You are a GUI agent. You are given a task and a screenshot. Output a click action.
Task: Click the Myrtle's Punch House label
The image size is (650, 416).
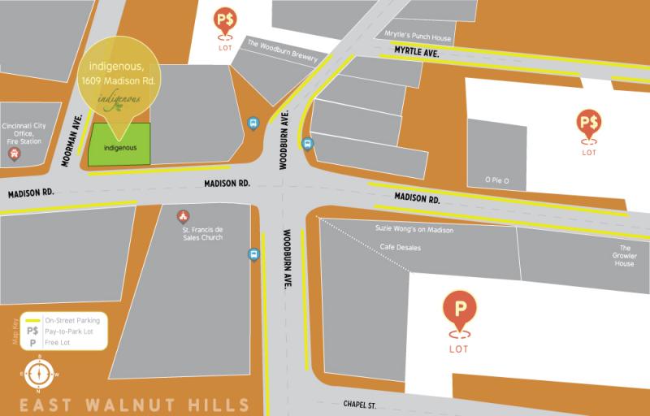(418, 37)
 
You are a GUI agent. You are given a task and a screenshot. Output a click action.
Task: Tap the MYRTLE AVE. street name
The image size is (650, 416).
(416, 52)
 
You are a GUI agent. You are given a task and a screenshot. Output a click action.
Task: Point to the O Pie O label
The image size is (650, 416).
(496, 180)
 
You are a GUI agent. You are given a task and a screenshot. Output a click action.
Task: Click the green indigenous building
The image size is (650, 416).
(119, 145)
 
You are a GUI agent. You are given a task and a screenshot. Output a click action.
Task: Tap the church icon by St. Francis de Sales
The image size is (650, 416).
(184, 216)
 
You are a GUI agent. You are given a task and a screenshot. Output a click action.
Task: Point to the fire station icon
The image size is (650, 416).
(13, 153)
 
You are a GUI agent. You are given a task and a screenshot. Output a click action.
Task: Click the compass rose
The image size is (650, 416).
(36, 375)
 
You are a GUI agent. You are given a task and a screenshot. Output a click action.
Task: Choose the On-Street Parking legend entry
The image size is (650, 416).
(68, 320)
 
